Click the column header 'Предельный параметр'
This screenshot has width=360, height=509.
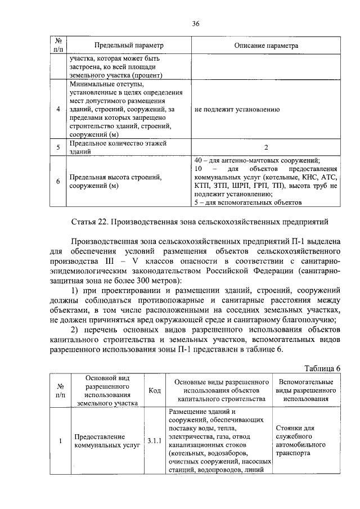(x=128, y=44)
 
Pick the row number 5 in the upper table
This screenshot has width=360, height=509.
(x=58, y=148)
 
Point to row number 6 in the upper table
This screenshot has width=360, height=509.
(x=58, y=181)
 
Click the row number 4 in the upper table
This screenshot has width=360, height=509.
(x=58, y=109)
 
